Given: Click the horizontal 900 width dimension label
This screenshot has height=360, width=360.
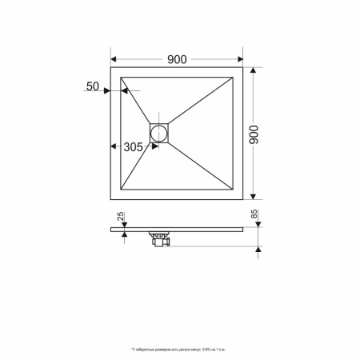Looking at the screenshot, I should tap(177, 58).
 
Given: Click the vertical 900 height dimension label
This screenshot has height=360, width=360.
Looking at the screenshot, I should tap(256, 133).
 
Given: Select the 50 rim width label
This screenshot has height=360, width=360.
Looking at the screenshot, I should tap(93, 86).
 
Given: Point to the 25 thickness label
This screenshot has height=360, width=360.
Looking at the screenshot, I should tap(120, 218).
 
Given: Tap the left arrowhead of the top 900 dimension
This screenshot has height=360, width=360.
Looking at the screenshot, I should tap(114, 59).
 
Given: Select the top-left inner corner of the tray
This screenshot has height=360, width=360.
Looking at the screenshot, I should tap(121, 79).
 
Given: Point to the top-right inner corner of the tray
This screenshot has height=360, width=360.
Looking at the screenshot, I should tap(233, 79).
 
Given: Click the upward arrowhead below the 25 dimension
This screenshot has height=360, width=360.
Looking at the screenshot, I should tap(124, 233).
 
